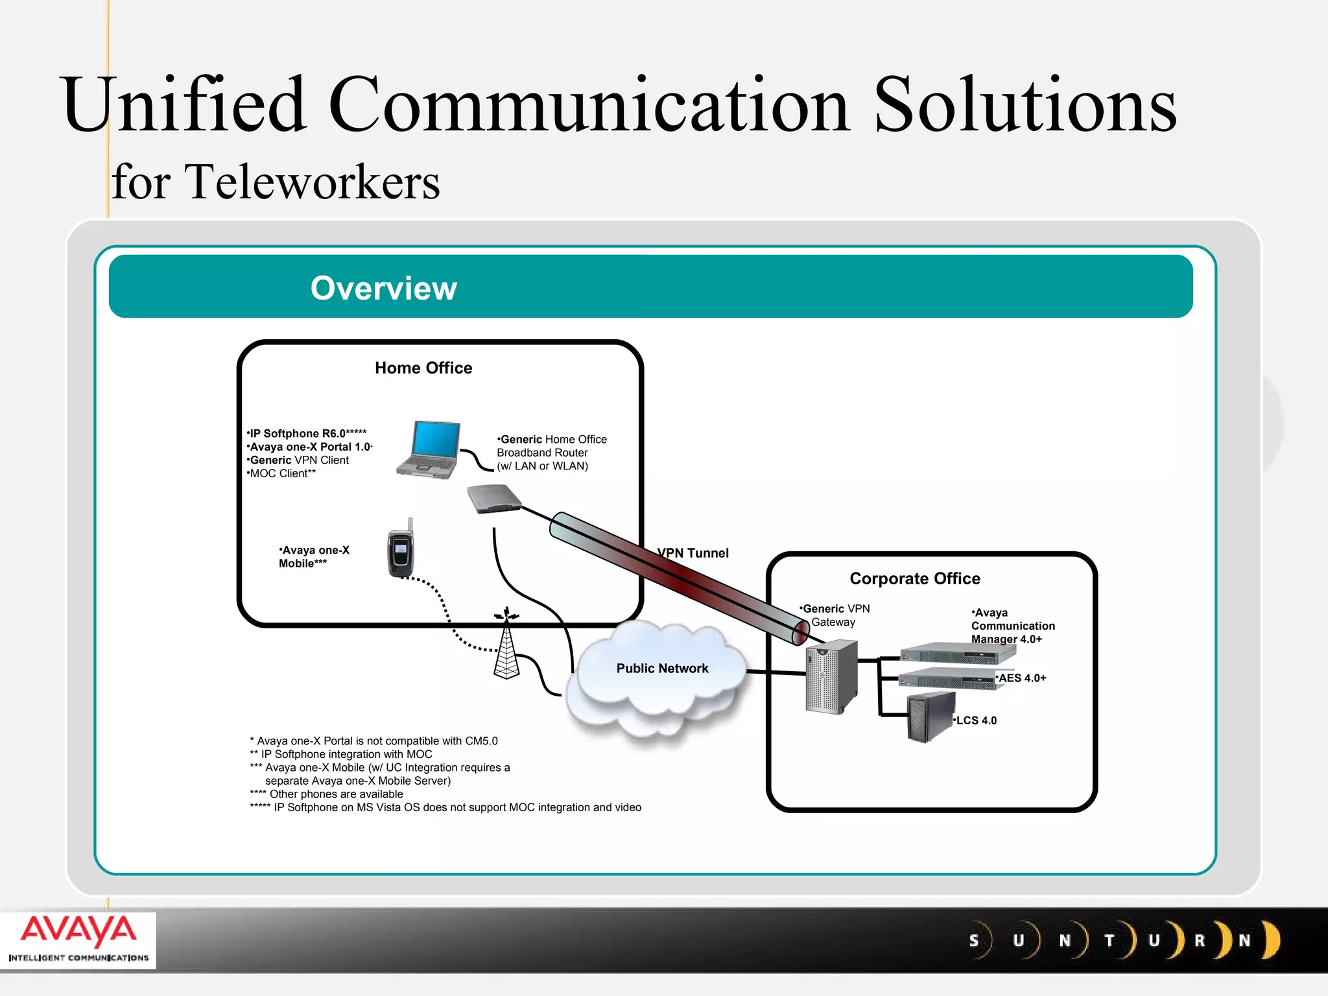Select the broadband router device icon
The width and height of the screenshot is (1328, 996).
tap(494, 499)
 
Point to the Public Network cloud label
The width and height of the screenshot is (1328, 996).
tap(662, 669)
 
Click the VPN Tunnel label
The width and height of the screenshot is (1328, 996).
tap(693, 553)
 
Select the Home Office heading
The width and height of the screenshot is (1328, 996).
tap(423, 368)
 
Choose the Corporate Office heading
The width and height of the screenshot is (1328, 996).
tap(915, 578)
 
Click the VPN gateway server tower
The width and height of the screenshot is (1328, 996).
tap(831, 677)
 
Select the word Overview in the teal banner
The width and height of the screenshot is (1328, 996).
tap(384, 288)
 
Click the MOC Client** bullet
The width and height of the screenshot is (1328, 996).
tap(281, 473)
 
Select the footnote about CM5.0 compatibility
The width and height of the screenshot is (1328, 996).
tap(374, 741)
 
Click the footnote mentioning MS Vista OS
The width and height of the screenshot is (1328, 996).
tap(445, 807)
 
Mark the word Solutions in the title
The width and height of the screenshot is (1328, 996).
tap(1025, 105)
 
